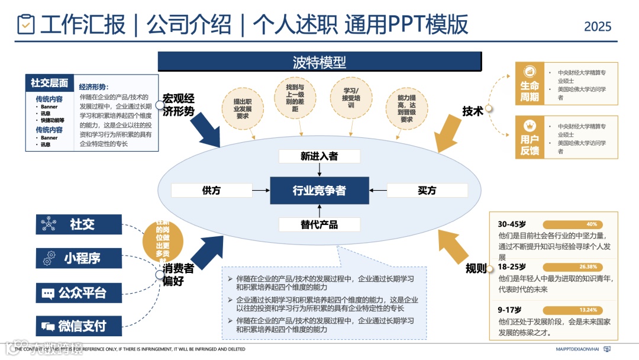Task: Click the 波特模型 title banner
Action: (x=319, y=62)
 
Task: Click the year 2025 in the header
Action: (x=598, y=27)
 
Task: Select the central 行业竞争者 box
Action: (x=319, y=191)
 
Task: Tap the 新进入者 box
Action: (x=319, y=156)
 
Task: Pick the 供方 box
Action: (x=211, y=191)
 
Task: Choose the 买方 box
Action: (x=427, y=191)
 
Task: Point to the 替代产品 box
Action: (x=319, y=224)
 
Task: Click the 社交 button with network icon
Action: (x=79, y=224)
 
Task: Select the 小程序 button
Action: (x=79, y=258)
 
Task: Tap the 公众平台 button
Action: (x=79, y=292)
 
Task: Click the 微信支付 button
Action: (x=79, y=326)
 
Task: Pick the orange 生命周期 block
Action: (x=530, y=92)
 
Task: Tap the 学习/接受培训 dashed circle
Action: (x=351, y=97)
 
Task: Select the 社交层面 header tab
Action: (x=50, y=83)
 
